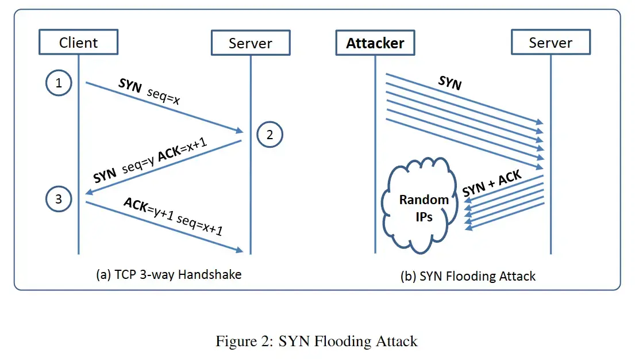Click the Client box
point(79,42)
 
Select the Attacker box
point(375,43)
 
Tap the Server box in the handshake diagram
point(251,43)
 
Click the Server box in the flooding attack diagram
point(551,42)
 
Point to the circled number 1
point(59,83)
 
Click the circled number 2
point(270,135)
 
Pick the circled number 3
point(59,199)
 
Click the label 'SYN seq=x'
point(149,91)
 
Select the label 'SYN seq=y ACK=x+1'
point(150,160)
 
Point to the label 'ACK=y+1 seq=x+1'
point(173,216)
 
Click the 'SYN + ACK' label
point(492,183)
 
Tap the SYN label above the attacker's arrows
point(450,83)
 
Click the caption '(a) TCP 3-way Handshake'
point(169,274)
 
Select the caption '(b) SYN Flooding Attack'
point(468,276)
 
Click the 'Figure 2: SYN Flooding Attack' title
point(316,341)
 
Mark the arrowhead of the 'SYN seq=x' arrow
point(240,131)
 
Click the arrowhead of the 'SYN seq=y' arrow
point(88,192)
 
